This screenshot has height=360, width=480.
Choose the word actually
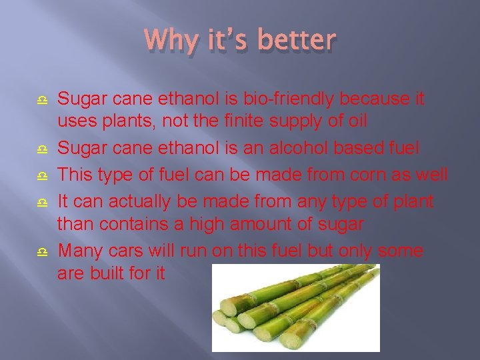(x=148, y=200)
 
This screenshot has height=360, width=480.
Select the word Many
(x=80, y=251)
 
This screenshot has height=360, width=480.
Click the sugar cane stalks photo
(x=295, y=307)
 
